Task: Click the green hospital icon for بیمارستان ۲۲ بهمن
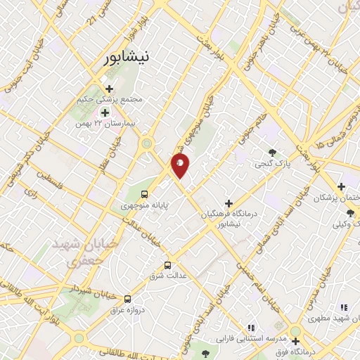[x=105, y=112]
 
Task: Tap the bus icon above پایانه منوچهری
[x=144, y=194]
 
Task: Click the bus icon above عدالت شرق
[x=167, y=265]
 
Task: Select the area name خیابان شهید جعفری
[x=73, y=252]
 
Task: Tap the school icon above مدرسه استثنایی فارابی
[x=250, y=327]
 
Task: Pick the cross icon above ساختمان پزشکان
[x=341, y=186]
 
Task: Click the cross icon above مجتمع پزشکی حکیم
[x=109, y=89]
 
